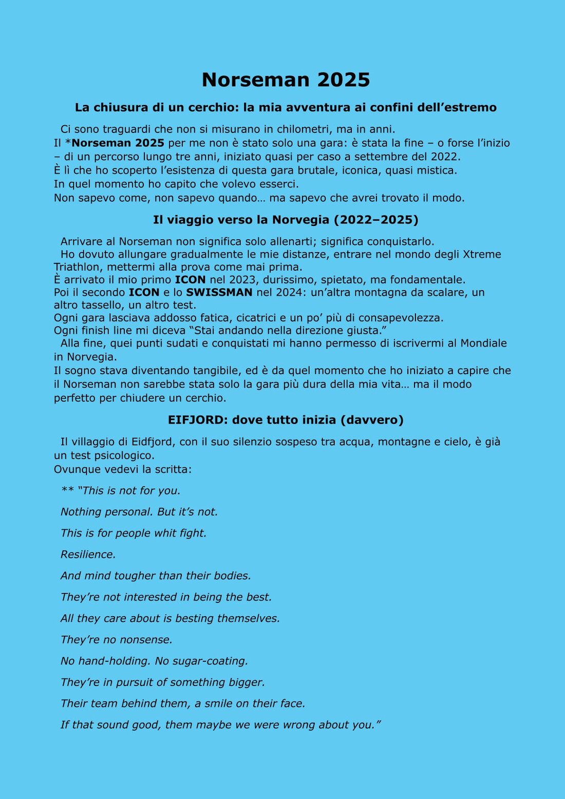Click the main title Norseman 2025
pos(286,80)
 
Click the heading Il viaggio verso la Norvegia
pos(286,220)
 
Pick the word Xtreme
pos(482,254)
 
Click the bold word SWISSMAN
pos(219,293)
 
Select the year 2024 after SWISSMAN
pos(291,293)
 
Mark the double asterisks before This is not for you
pos(67,491)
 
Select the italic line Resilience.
pos(88,555)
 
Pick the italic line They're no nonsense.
pos(117,640)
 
